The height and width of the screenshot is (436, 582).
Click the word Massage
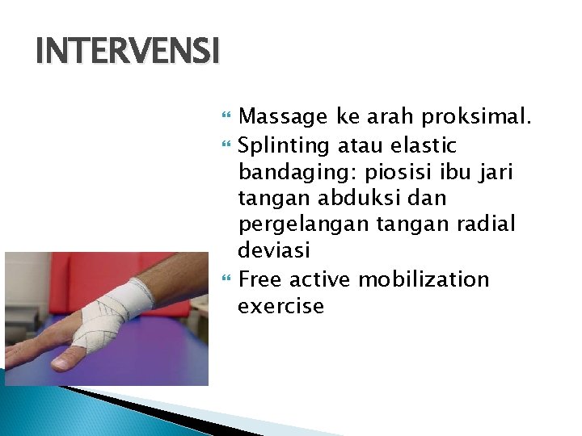(x=284, y=118)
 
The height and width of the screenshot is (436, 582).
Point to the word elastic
(x=423, y=146)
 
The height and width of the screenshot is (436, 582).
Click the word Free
(x=261, y=279)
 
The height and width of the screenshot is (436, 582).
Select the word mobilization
(x=424, y=279)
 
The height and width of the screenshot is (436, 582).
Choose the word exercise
(x=280, y=306)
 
